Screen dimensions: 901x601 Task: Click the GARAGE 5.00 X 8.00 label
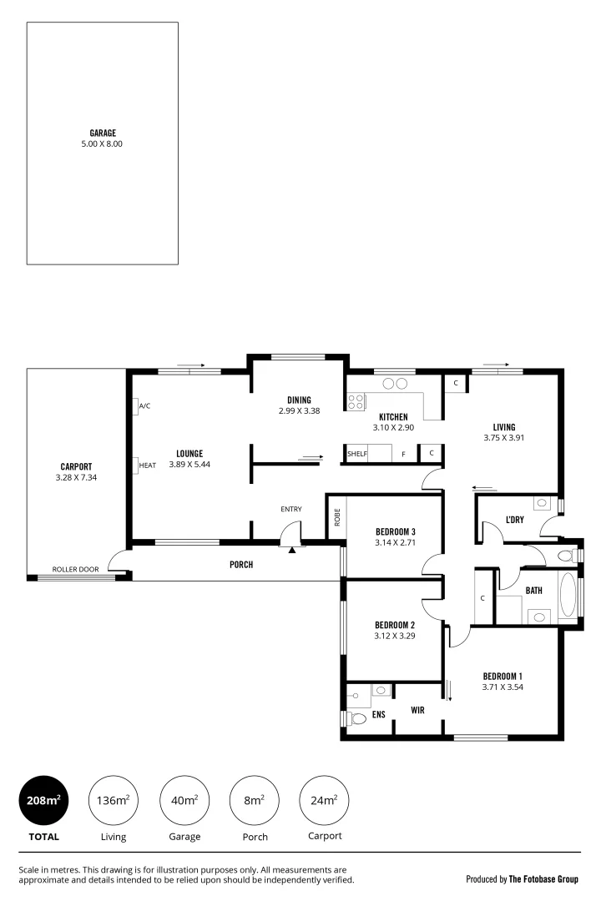(103, 138)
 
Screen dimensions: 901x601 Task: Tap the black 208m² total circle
(43, 801)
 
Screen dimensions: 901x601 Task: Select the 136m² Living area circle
(114, 801)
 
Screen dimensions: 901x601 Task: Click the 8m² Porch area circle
(255, 801)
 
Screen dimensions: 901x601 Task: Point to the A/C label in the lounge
(144, 406)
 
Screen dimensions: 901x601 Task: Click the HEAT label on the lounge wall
(147, 465)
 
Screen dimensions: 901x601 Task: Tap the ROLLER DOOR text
(75, 570)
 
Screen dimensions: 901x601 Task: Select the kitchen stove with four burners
(356, 402)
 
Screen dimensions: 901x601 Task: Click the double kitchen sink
(394, 384)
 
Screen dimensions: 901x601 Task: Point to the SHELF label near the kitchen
(357, 454)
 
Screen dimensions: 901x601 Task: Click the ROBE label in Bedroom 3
(337, 517)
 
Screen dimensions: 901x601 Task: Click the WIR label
(418, 711)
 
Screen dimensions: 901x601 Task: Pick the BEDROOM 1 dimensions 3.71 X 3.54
(503, 687)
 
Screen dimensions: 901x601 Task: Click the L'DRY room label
(514, 521)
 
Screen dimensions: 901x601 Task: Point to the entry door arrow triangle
(291, 549)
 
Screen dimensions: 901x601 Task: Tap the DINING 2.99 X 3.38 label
(299, 405)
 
